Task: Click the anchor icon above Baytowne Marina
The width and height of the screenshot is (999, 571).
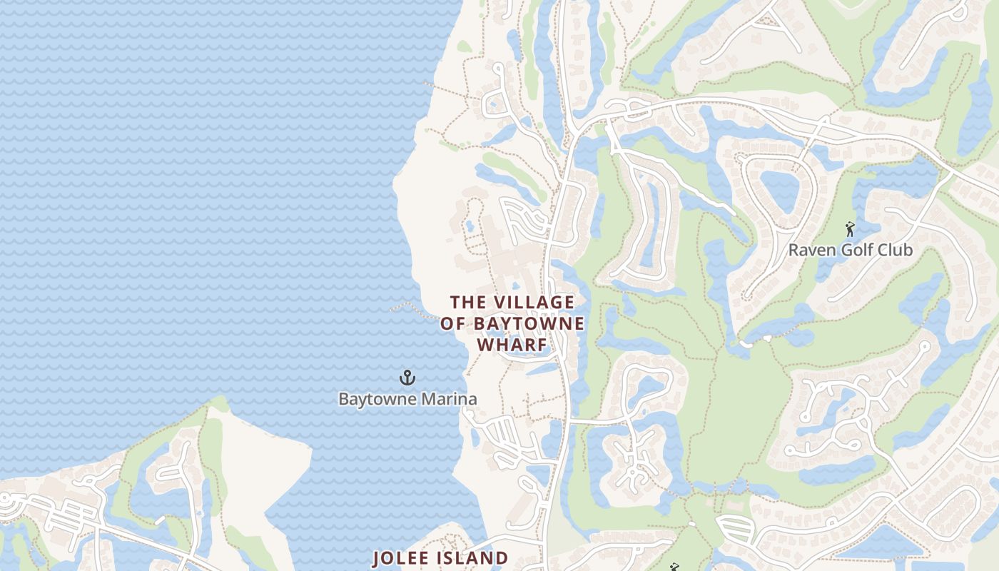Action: coord(407,378)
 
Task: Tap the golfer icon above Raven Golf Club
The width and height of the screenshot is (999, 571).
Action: coord(849,229)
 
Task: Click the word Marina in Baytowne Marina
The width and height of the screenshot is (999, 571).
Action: coord(450,399)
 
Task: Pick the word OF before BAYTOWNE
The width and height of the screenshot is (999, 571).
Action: coord(452,324)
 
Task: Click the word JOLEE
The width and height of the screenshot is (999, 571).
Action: coord(402,557)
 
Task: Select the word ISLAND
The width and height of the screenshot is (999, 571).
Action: coord(474,557)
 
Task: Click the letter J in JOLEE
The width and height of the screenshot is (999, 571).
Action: coord(377,557)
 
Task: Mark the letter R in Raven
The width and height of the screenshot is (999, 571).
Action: coord(793,251)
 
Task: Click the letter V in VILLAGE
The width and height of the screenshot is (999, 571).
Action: coord(497,303)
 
